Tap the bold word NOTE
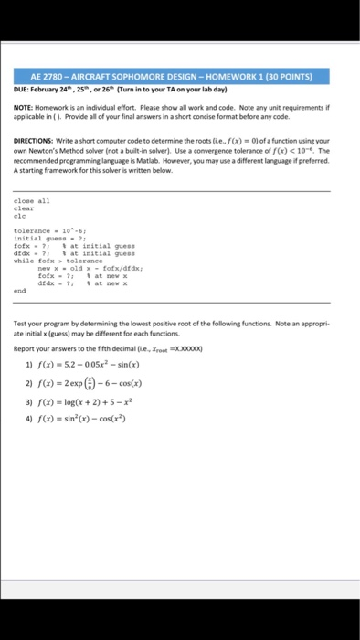click(x=24, y=105)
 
